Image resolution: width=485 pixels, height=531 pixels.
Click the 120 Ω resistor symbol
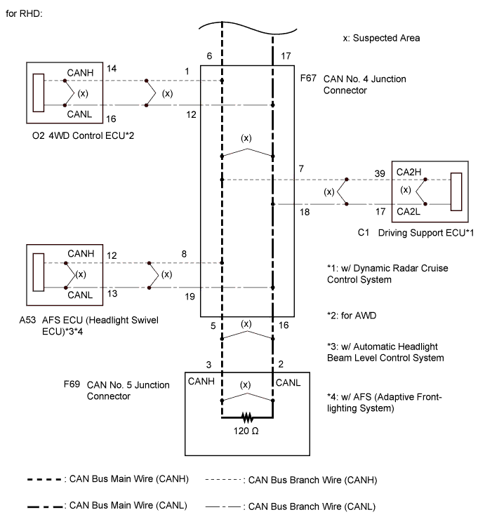pos(247,417)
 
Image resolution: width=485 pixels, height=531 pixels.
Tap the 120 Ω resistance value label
pos(247,430)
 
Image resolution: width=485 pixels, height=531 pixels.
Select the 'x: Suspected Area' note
pos(381,38)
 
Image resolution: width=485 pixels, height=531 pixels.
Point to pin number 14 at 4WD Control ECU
pos(112,68)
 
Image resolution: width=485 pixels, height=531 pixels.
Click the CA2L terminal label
pos(408,210)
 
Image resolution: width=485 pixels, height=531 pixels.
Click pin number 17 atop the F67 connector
pos(284,55)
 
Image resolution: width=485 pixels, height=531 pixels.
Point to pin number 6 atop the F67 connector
pos(209,55)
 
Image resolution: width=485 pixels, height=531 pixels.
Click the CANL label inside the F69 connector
pos(288,382)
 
